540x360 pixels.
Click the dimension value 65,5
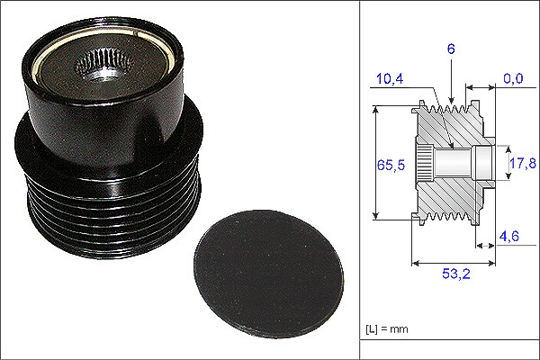[391, 165]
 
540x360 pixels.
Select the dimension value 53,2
[456, 274]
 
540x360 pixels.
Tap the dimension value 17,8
[523, 163]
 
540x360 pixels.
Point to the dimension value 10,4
[390, 78]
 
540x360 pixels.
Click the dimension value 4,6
[509, 236]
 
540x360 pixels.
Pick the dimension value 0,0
[513, 78]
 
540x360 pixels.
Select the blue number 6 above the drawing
[451, 49]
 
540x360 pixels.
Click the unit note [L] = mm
[387, 329]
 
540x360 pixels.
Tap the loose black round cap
[269, 274]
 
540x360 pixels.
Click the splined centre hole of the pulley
[104, 65]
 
